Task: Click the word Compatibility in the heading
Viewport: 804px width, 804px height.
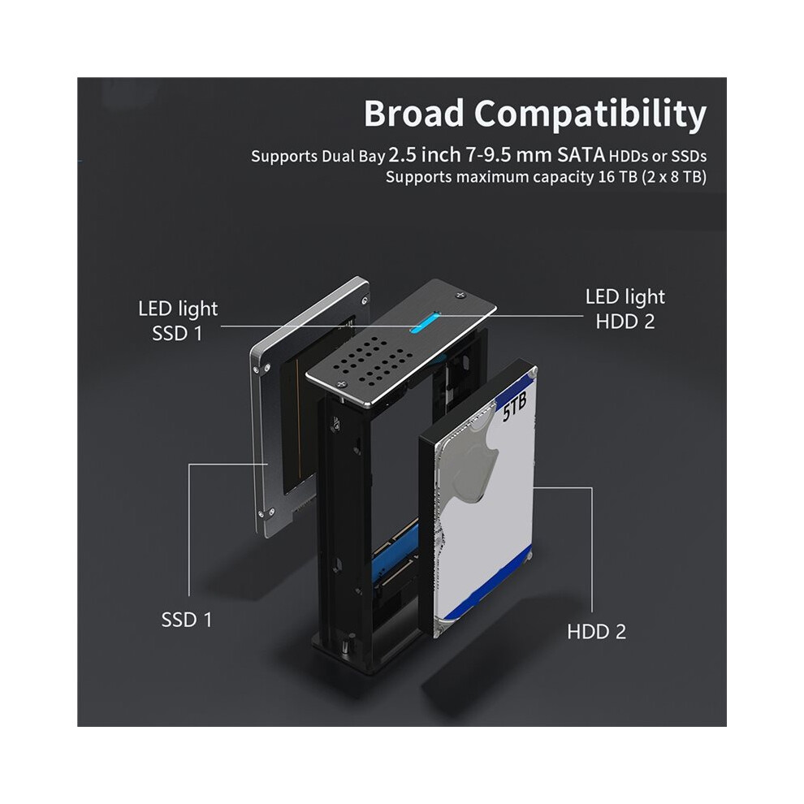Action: click(x=590, y=115)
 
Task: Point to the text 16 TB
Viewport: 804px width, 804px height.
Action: click(x=620, y=177)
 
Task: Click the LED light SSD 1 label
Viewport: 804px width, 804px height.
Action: click(x=178, y=321)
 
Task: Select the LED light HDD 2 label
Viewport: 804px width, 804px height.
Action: click(x=625, y=309)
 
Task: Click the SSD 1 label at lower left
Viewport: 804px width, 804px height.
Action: click(x=186, y=620)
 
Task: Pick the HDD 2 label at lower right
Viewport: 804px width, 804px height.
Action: click(x=597, y=631)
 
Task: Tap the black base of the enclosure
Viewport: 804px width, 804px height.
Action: click(x=357, y=654)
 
